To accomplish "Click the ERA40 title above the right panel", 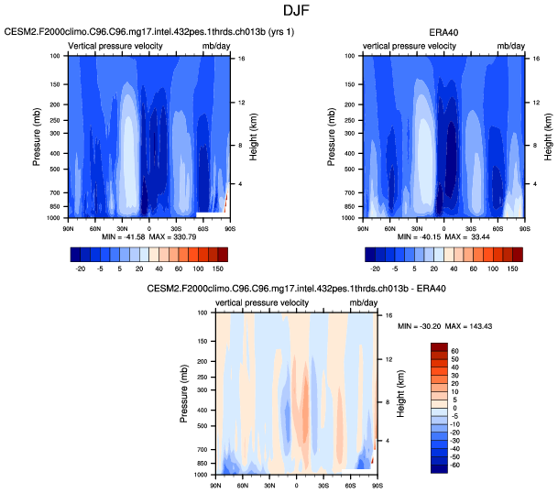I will click(443, 33).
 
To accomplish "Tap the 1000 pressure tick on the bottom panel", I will click(202, 476).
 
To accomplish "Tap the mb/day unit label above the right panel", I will click(510, 45).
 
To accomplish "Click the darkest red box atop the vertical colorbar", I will click(440, 345).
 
